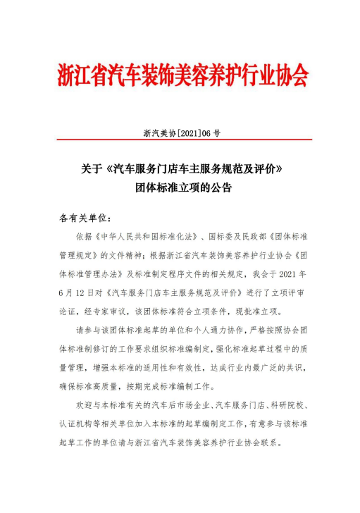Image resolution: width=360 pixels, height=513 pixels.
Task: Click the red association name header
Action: coord(182,75)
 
